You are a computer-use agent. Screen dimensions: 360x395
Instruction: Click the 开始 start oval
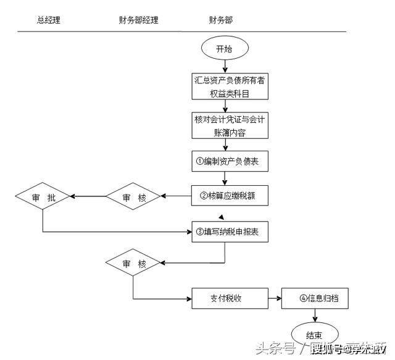(224, 49)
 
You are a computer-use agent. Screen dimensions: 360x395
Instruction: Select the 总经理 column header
(49, 20)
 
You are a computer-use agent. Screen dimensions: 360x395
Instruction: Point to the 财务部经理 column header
(139, 20)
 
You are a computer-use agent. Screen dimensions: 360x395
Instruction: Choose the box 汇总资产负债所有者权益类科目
(230, 86)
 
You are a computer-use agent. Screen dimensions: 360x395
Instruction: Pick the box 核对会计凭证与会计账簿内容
(230, 125)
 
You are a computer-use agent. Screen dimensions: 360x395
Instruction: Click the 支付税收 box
(230, 299)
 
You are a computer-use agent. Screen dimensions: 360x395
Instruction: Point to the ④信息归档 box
(316, 299)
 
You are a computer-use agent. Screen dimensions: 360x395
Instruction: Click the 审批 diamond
(43, 197)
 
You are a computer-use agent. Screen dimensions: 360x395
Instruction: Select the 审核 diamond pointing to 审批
(134, 197)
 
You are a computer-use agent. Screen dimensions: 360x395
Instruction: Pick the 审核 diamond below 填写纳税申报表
(134, 264)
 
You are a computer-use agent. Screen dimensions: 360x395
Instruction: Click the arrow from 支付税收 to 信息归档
(275, 299)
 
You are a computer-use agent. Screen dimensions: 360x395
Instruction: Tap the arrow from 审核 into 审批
(88, 197)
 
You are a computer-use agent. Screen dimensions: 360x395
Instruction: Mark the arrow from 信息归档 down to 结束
(316, 316)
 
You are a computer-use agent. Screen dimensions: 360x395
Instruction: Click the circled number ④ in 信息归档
(304, 299)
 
